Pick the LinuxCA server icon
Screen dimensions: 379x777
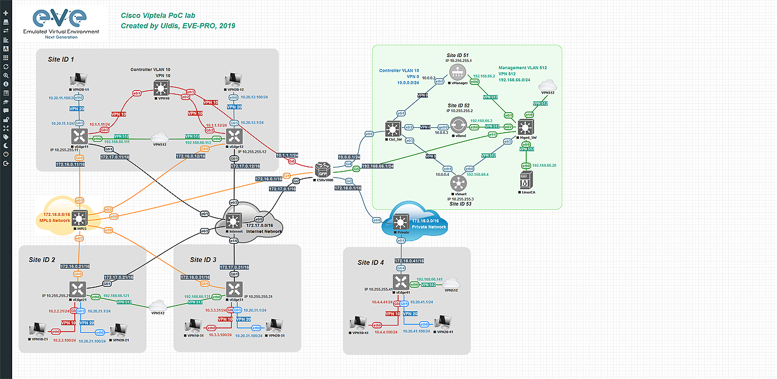pos(526,180)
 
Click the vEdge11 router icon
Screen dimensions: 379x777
pos(79,135)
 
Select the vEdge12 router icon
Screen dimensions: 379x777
pos(234,135)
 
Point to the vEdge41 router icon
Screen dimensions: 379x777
pos(400,282)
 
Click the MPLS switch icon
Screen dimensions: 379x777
pos(80,218)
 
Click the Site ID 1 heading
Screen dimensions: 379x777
pos(61,59)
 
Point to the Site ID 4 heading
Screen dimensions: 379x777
pos(371,262)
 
